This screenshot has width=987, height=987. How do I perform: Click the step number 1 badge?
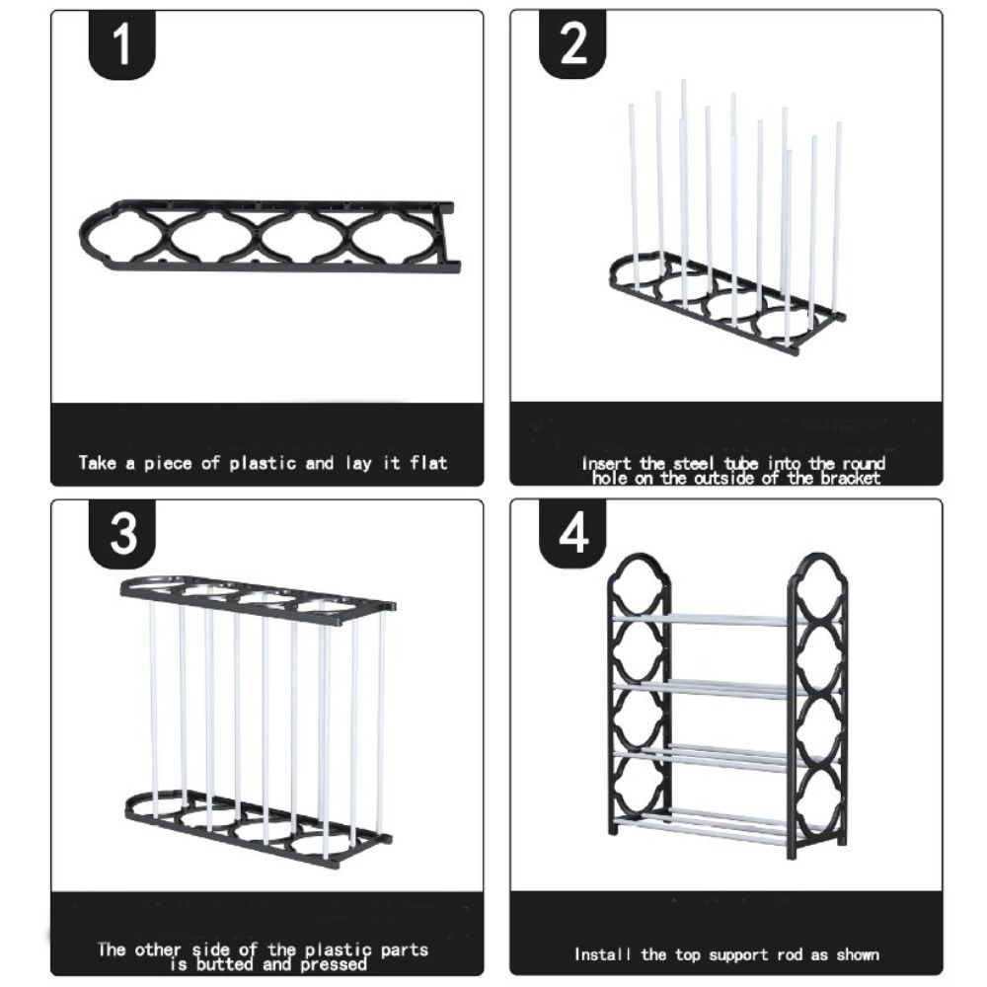point(122,44)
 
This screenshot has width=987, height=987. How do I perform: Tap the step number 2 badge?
point(572,44)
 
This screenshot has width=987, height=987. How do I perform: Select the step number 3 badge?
point(122,534)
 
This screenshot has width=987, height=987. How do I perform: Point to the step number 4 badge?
point(572,534)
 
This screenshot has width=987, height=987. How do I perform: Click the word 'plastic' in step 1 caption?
point(263,464)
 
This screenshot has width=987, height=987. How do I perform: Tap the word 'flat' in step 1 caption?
point(428,463)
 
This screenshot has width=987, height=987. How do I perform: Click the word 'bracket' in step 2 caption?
point(850,479)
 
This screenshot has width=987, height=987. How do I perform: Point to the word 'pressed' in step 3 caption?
point(334,964)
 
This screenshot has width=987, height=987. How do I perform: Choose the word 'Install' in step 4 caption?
point(602,954)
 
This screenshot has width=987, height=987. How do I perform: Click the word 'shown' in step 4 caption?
point(858,954)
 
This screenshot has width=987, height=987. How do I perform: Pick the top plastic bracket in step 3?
point(258,599)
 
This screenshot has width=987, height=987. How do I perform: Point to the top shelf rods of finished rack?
point(727,619)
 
